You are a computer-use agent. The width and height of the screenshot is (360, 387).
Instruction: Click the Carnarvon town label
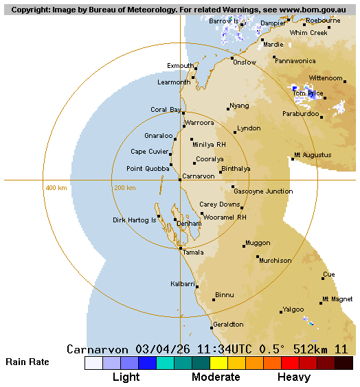click(199, 176)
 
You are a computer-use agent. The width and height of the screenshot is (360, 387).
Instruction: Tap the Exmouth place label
click(180, 66)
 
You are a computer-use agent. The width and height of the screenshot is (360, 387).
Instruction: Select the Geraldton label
click(228, 325)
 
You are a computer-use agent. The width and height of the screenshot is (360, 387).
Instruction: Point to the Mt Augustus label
click(312, 155)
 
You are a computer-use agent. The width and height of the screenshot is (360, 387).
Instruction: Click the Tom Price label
click(308, 93)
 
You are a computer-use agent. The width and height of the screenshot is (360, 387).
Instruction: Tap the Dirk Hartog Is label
click(134, 220)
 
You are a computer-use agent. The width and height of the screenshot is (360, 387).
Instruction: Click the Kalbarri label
click(182, 283)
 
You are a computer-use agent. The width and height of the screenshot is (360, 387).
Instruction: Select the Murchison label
click(275, 261)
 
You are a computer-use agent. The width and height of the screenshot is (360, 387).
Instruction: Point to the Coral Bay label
click(166, 110)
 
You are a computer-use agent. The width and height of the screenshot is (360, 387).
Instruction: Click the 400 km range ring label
click(56, 188)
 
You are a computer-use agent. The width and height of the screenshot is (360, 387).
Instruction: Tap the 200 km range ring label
click(124, 188)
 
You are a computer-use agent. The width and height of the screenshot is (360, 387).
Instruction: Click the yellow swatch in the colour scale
click(218, 363)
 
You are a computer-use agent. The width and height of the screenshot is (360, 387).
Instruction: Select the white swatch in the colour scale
click(93, 363)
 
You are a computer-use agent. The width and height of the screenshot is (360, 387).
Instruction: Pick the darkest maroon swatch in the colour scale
click(344, 363)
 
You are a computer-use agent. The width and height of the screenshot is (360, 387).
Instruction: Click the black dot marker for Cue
click(323, 279)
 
